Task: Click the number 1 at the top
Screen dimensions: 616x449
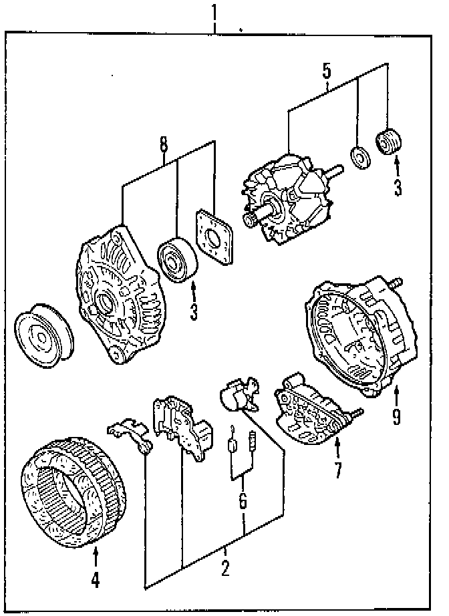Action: coord(214,12)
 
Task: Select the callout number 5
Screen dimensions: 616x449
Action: coord(326,70)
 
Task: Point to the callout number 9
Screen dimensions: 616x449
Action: coord(396,418)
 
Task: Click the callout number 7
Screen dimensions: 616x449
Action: coord(337,470)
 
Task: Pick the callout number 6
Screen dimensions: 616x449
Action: coord(243,500)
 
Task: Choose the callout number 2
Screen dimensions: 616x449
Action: coord(224,569)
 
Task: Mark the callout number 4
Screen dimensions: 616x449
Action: coord(95,581)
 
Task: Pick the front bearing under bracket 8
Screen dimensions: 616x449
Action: coord(176,259)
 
